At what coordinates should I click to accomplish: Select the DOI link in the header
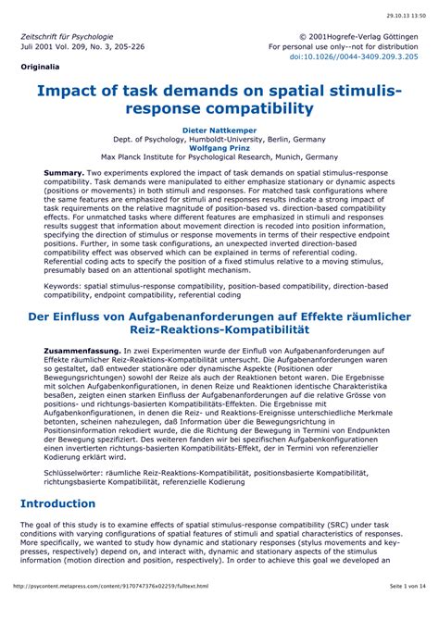pyautogui.click(x=353, y=56)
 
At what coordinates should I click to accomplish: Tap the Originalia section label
pyautogui.click(x=40, y=68)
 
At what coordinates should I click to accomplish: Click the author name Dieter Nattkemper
pyautogui.click(x=219, y=129)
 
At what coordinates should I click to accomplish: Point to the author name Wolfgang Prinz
pyautogui.click(x=219, y=147)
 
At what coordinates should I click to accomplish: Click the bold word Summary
pyautogui.click(x=64, y=173)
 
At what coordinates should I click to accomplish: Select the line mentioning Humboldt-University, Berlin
pyautogui.click(x=219, y=138)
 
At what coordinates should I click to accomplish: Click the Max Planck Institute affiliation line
pyautogui.click(x=219, y=157)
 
